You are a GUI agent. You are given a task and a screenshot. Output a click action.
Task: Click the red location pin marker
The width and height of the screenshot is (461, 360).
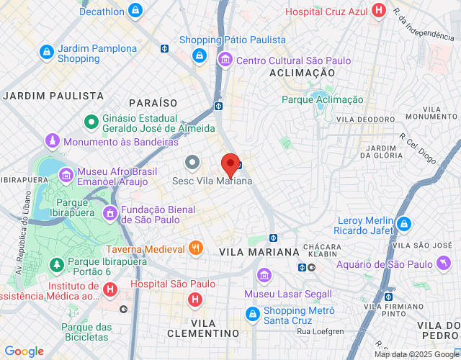click(x=230, y=165)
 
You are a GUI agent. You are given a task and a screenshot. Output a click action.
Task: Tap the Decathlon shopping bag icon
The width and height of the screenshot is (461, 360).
click(x=135, y=10)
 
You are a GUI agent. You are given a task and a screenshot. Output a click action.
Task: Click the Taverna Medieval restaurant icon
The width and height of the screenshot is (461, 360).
click(x=195, y=248)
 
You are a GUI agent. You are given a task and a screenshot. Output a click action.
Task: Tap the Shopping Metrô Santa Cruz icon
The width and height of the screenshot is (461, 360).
click(x=252, y=314)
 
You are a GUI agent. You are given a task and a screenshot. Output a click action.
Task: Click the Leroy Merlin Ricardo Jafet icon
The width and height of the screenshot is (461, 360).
click(x=404, y=224)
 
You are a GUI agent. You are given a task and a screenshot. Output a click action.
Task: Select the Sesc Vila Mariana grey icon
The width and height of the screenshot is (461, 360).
click(x=192, y=163)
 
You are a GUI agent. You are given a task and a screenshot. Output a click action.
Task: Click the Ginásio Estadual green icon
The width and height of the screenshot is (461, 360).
click(x=91, y=122)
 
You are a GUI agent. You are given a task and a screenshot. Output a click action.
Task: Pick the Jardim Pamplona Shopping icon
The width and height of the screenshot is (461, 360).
click(x=47, y=52)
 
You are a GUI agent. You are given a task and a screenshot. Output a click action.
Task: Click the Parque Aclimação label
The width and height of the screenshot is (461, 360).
click(x=322, y=99)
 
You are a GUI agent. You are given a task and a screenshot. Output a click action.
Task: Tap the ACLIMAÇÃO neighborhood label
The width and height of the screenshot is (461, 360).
click(x=302, y=73)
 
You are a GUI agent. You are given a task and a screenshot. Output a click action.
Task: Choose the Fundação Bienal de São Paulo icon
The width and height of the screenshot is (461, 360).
click(x=110, y=213)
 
